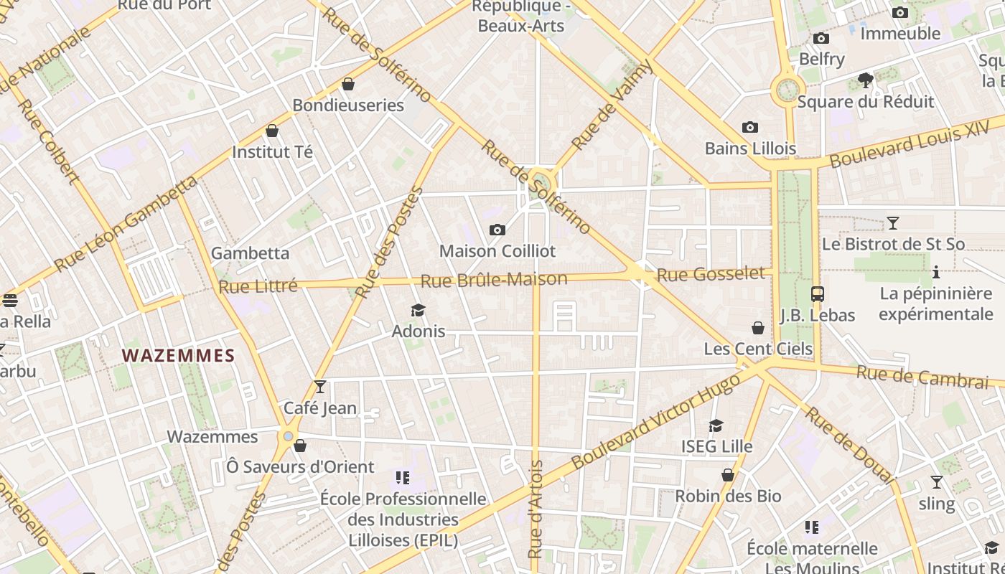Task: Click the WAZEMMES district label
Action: (178, 355)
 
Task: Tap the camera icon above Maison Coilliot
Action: (497, 230)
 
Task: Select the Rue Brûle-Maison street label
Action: (494, 280)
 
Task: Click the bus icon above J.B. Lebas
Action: (817, 293)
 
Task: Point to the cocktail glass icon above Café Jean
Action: (320, 387)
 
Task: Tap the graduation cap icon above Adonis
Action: (418, 310)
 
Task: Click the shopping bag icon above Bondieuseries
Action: (348, 84)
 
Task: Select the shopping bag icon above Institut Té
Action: (272, 131)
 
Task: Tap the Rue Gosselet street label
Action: (711, 274)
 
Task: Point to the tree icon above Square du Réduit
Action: (866, 80)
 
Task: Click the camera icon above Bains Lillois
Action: (750, 128)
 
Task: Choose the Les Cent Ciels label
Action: (758, 349)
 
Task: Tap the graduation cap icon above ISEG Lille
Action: (716, 426)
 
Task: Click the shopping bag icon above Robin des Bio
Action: (728, 475)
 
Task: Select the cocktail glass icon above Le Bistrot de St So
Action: (892, 223)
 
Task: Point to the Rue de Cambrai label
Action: (922, 376)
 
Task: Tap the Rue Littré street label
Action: (258, 286)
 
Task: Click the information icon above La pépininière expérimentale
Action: (935, 273)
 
